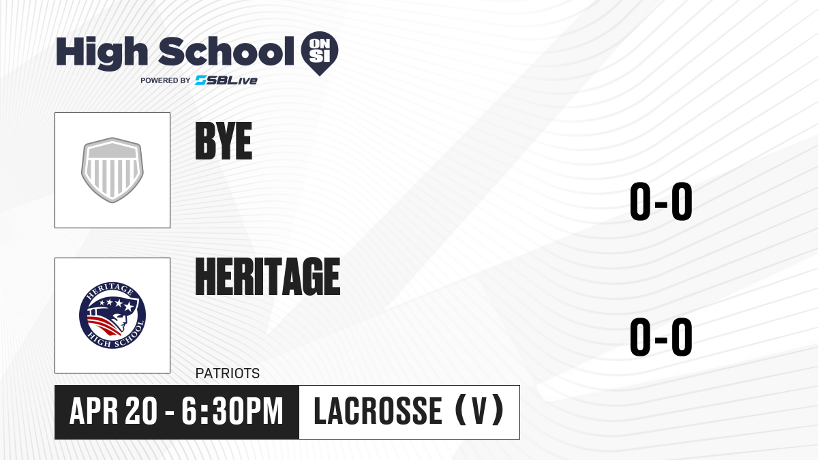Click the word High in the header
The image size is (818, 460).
click(x=102, y=53)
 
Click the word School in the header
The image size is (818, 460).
click(x=226, y=51)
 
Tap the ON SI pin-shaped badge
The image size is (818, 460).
click(x=320, y=53)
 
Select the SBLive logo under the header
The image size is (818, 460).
click(x=226, y=80)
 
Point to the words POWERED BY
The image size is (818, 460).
click(x=166, y=80)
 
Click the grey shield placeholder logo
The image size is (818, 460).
click(x=112, y=170)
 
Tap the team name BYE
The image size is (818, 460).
click(x=224, y=141)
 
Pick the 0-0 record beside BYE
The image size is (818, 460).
click(x=661, y=201)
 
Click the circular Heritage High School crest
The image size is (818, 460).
click(x=112, y=316)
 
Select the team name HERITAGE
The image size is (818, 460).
click(x=268, y=276)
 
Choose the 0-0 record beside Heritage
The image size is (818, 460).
click(x=661, y=337)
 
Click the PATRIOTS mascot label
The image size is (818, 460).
click(x=228, y=373)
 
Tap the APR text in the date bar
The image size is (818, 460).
click(x=94, y=411)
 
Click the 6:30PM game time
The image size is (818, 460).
click(x=232, y=411)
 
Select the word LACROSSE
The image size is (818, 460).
click(x=378, y=411)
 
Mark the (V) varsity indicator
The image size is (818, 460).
click(x=479, y=411)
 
